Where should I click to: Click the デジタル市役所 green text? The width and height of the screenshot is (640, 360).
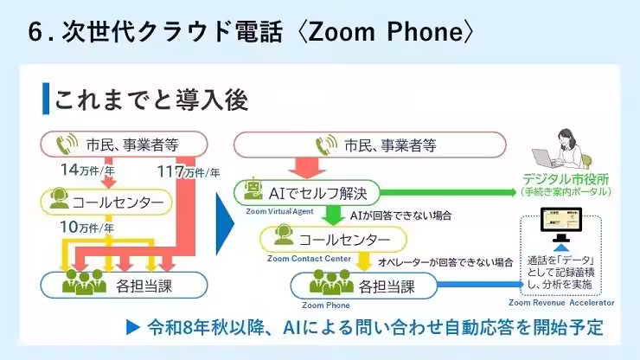point(566,178)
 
